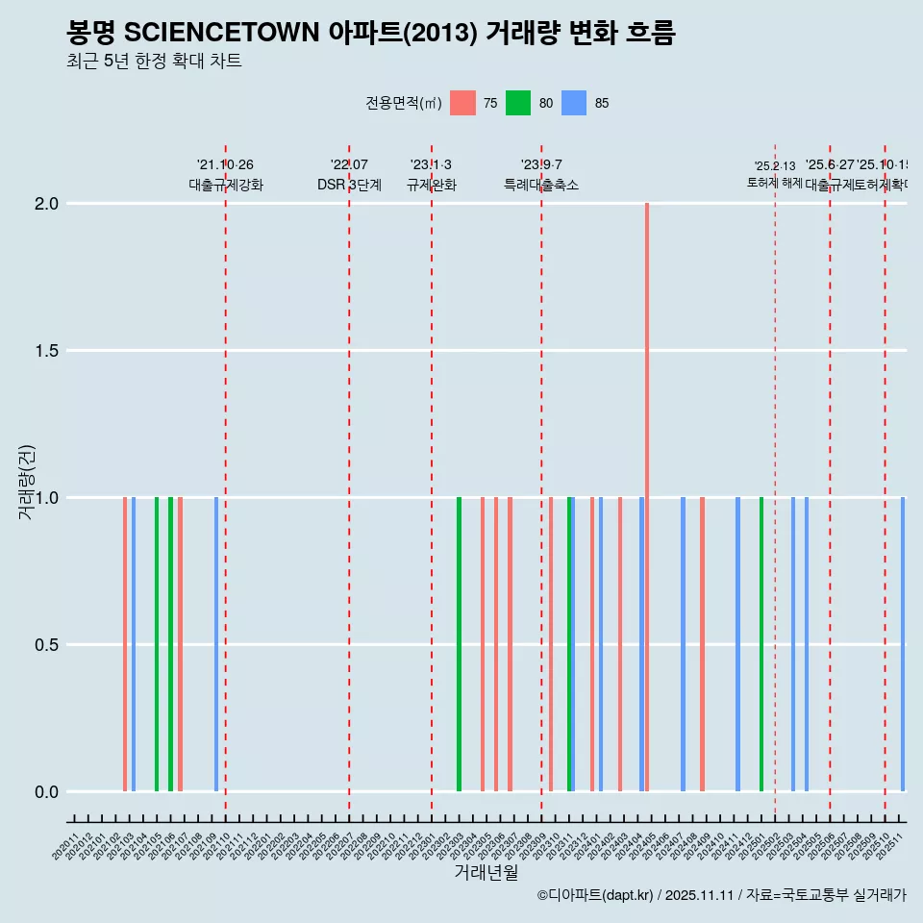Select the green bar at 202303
click(x=459, y=644)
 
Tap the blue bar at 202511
click(x=903, y=644)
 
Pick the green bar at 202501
click(x=761, y=644)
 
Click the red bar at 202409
click(x=703, y=644)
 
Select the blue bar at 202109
click(x=216, y=644)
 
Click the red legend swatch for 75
click(x=462, y=103)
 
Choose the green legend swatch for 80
click(x=518, y=103)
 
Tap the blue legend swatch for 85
click(x=574, y=103)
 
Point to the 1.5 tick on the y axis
click(x=46, y=351)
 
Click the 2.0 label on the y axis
click(x=46, y=204)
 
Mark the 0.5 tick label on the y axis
click(x=46, y=645)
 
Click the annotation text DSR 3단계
click(x=349, y=186)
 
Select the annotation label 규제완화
click(x=432, y=186)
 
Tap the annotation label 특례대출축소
click(x=541, y=186)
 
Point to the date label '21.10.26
click(x=225, y=165)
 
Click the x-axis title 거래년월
click(x=486, y=872)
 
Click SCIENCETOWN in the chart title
click(x=222, y=34)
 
